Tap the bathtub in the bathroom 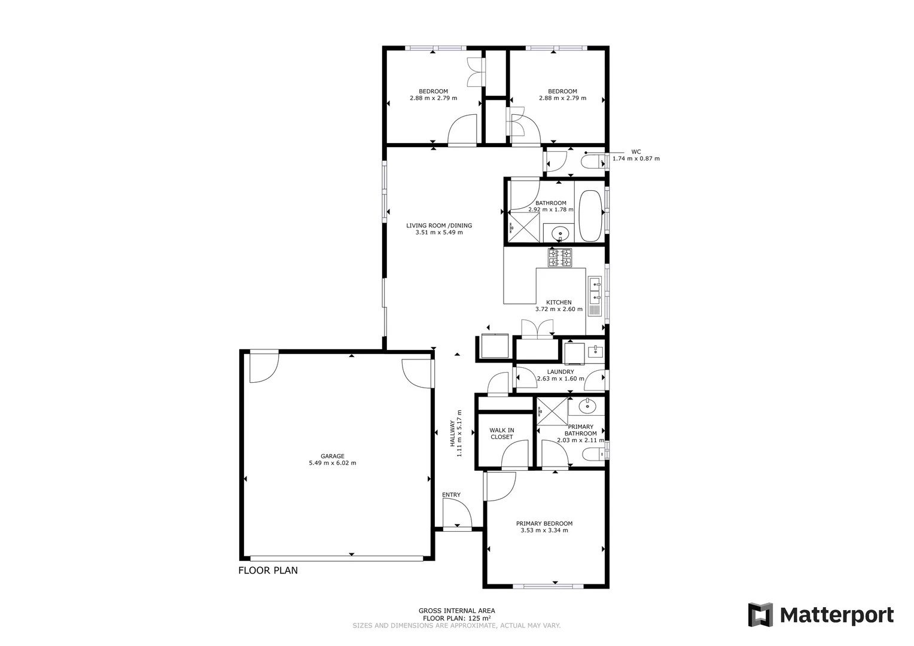click(x=590, y=216)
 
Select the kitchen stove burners click(x=560, y=258)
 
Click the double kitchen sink click(x=595, y=290)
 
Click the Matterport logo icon click(x=760, y=615)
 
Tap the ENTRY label click(x=451, y=495)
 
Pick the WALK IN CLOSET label click(x=501, y=434)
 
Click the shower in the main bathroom click(x=524, y=227)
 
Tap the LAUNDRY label click(x=560, y=371)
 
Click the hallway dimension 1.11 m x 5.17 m click(x=459, y=433)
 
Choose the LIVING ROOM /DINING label click(x=439, y=226)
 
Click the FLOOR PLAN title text click(x=268, y=570)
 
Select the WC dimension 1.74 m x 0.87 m click(x=636, y=159)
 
